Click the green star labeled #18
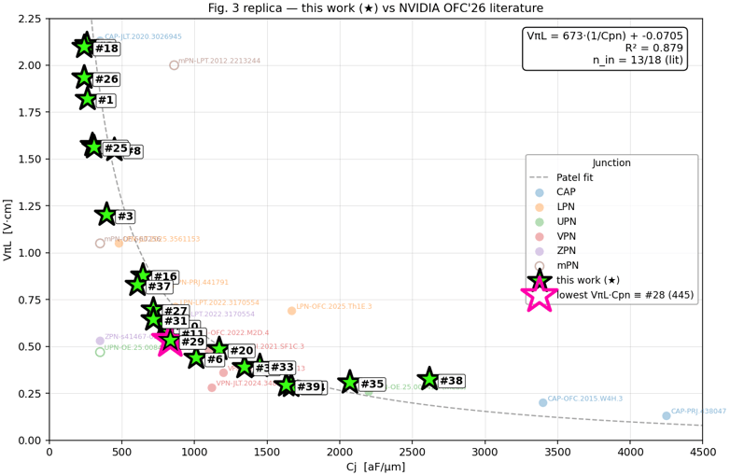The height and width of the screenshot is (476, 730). click(x=85, y=46)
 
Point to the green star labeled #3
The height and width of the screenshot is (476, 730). click(x=106, y=214)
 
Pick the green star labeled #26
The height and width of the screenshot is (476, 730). click(x=84, y=77)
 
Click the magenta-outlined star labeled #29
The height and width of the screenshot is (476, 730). click(x=170, y=341)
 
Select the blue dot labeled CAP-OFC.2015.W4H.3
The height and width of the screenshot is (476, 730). click(x=542, y=402)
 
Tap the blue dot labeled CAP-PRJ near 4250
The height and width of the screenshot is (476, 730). click(x=666, y=415)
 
